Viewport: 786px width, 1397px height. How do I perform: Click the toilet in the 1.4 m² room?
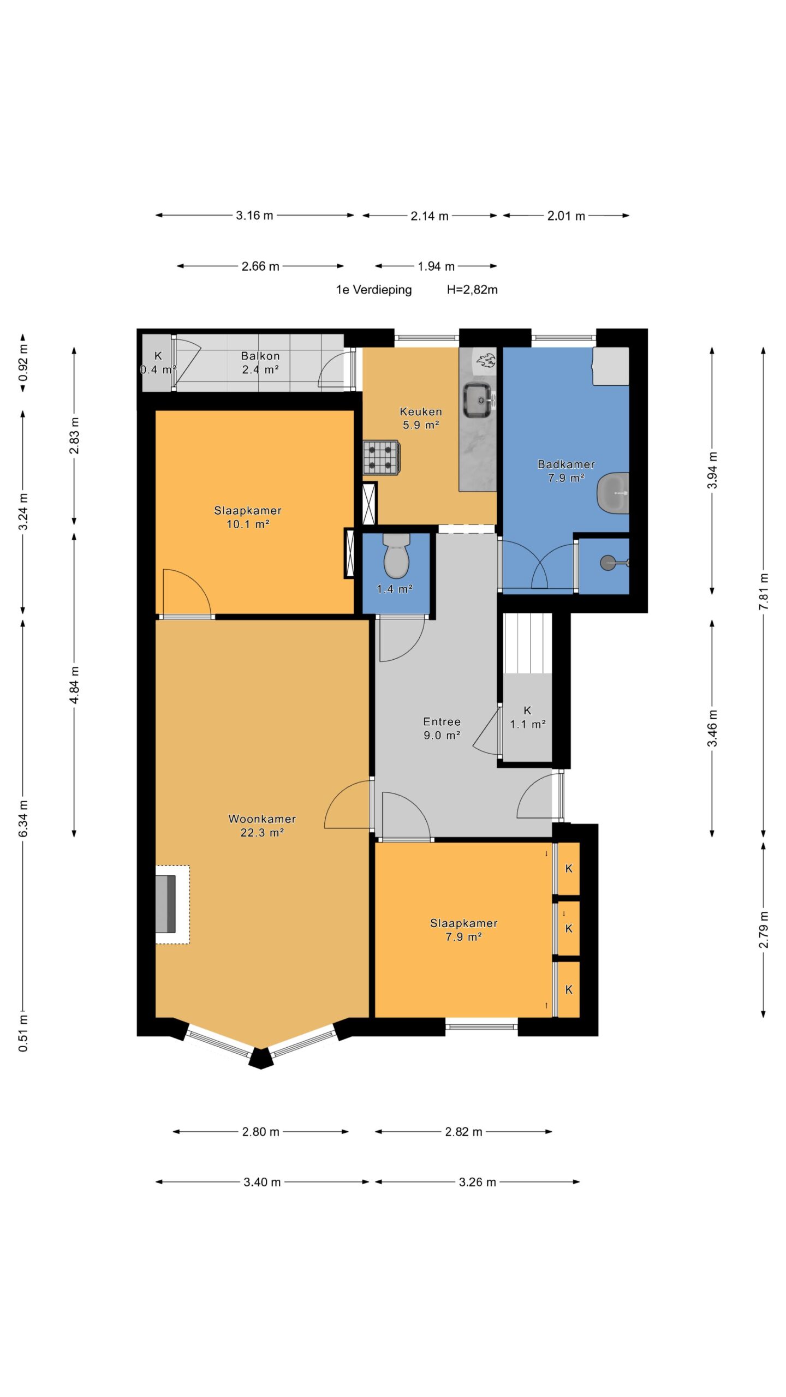pos(396,555)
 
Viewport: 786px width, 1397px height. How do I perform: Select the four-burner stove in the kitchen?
pos(381,457)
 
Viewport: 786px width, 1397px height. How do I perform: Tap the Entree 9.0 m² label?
pos(442,729)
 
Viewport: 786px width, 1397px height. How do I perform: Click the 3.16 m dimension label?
pos(254,216)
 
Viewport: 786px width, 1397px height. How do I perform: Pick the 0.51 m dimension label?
pos(23,1034)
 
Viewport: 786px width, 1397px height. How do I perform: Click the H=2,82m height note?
pos(472,290)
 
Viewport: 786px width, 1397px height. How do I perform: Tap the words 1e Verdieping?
pos(374,290)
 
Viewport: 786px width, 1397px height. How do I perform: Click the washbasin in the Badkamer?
pos(613,493)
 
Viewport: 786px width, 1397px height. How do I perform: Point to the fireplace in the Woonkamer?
pos(166,904)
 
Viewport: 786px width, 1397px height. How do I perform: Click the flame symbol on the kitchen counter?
pos(486,360)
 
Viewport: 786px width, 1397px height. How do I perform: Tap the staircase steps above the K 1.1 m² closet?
pos(527,643)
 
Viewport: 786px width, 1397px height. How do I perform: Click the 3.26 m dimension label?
pos(477,1182)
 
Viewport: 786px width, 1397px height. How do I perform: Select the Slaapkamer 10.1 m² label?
pos(248,517)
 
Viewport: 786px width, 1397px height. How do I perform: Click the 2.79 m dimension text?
pos(764,929)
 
